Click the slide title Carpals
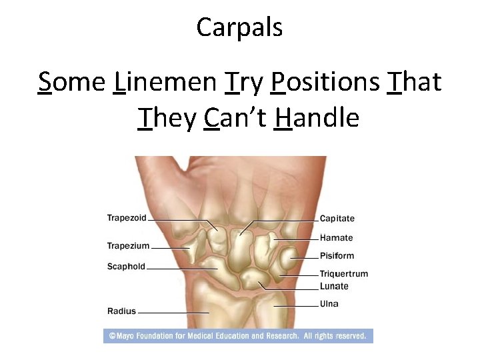(239, 27)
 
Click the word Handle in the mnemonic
(317, 118)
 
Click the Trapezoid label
(127, 218)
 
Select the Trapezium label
(128, 246)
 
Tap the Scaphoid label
(126, 267)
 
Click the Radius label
(121, 311)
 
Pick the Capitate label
(337, 219)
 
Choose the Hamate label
(337, 238)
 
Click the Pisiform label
(337, 256)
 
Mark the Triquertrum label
(343, 274)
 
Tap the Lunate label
(334, 287)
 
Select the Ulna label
(329, 304)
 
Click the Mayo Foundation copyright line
(238, 337)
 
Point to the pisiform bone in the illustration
(287, 257)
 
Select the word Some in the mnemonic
(71, 82)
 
